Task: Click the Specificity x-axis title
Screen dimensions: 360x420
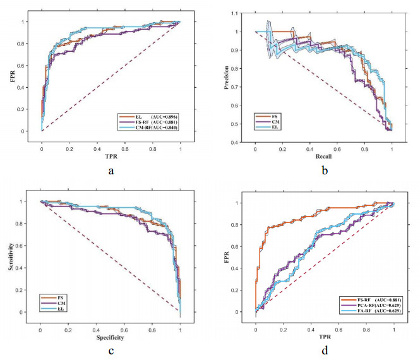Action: [109, 337]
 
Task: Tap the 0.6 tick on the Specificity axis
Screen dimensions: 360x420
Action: [124, 328]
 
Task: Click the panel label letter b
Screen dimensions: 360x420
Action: [323, 169]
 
